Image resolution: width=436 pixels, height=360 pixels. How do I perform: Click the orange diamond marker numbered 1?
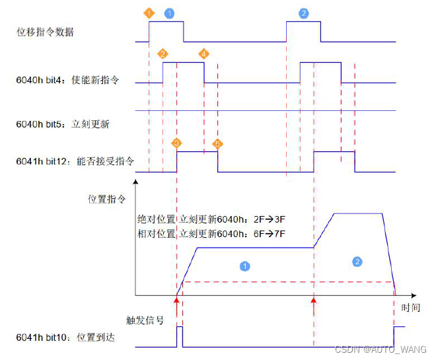pyautogui.click(x=149, y=13)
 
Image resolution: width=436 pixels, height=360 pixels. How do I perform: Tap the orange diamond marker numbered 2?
pyautogui.click(x=163, y=54)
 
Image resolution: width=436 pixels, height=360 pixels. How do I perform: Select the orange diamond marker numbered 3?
pyautogui.click(x=176, y=143)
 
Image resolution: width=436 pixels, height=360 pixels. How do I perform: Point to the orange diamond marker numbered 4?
pyautogui.click(x=203, y=54)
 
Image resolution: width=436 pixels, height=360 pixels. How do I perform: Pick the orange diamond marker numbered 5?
pyautogui.click(x=218, y=143)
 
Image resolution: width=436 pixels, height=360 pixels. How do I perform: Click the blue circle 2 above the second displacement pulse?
pyautogui.click(x=303, y=13)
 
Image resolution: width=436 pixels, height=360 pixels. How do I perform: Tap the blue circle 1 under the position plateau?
pyautogui.click(x=244, y=266)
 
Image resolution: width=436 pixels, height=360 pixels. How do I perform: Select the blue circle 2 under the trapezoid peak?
pyautogui.click(x=357, y=262)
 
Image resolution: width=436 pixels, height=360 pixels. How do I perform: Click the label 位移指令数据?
pyautogui.click(x=45, y=32)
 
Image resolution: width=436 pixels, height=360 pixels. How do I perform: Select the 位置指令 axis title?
pyautogui.click(x=106, y=198)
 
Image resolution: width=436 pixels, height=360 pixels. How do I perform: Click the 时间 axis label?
pyautogui.click(x=410, y=308)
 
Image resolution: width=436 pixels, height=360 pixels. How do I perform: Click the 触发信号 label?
pyautogui.click(x=145, y=320)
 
